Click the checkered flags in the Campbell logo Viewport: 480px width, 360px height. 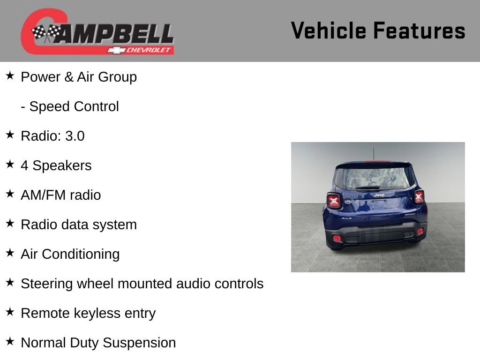(45, 33)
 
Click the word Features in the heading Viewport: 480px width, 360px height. (419, 31)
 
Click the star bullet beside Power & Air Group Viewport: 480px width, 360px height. (10, 75)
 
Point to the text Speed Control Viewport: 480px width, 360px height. (74, 106)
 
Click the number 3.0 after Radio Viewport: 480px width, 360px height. (75, 136)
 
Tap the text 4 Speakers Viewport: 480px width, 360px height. (56, 165)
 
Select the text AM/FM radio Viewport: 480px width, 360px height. (61, 195)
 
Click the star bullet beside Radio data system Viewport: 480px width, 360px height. (10, 223)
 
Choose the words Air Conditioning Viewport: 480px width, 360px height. (70, 254)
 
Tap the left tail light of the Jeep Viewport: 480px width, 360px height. (334, 201)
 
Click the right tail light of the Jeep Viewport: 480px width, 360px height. (419, 196)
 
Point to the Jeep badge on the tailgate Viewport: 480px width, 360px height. (379, 195)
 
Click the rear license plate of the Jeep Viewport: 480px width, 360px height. (379, 204)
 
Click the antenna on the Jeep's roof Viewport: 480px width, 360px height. (374, 154)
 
